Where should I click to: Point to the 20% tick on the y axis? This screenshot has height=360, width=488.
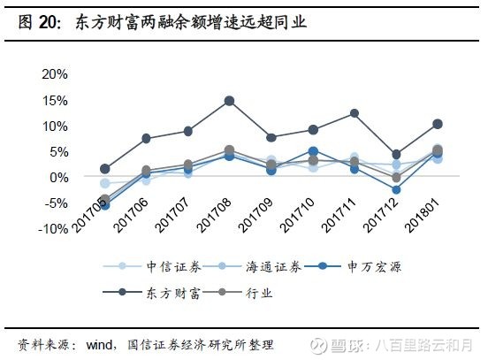pos(56,74)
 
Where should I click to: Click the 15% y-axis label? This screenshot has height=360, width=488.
pos(56,100)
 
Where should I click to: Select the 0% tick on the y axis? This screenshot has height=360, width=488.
pos(59,177)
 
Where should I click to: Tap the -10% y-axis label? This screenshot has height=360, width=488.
pos(54,228)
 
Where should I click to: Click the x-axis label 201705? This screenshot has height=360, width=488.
pos(92,215)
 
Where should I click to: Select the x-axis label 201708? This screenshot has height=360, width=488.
pos(216,215)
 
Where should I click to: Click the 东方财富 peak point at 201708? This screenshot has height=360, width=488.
pos(229,101)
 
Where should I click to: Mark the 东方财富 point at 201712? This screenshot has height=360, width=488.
pos(396,154)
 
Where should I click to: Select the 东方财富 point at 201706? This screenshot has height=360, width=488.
pos(146,139)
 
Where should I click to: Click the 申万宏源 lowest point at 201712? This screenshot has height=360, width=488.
pos(396,190)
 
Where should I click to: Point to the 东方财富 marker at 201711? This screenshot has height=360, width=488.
pos(355,113)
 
